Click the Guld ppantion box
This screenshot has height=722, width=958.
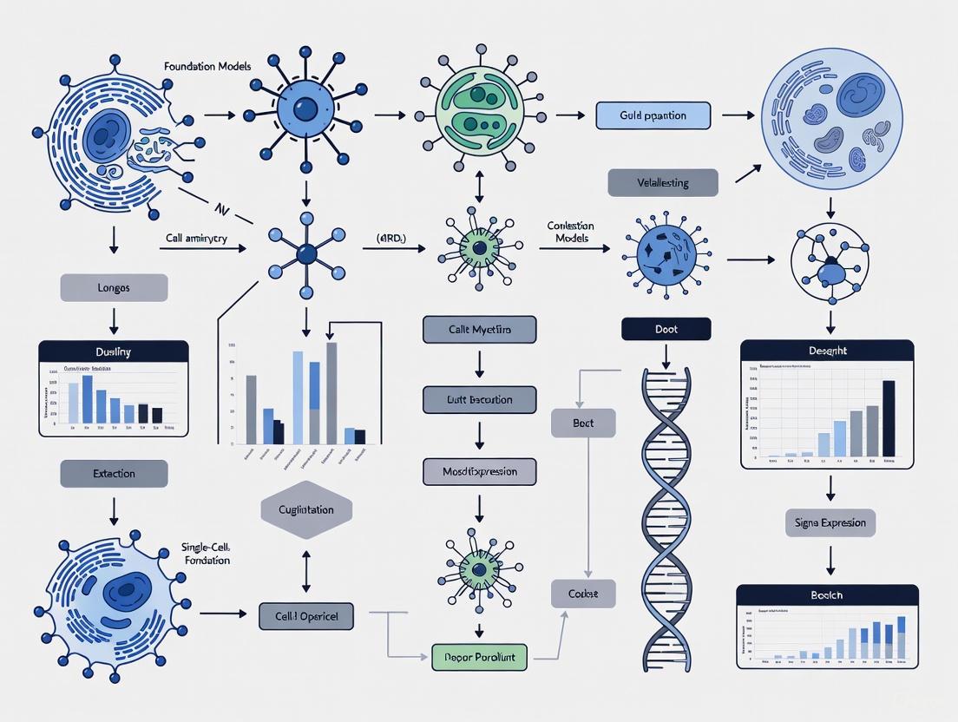(x=653, y=115)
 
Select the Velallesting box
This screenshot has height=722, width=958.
(x=663, y=182)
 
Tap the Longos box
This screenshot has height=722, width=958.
(x=114, y=287)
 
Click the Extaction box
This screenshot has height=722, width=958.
(x=114, y=473)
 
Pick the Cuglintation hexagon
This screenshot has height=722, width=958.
(x=306, y=509)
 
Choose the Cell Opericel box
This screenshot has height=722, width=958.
(x=306, y=615)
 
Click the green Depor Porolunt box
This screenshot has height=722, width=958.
(x=479, y=657)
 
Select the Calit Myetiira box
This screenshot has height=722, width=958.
(x=479, y=330)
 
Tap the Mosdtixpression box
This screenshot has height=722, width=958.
(x=479, y=471)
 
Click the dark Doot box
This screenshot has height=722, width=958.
(x=666, y=329)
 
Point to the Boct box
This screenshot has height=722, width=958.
(x=583, y=423)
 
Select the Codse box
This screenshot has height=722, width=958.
(x=583, y=594)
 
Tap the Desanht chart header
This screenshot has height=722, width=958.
(x=826, y=351)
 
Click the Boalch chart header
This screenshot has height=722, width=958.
(x=826, y=595)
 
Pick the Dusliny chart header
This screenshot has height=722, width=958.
(x=114, y=351)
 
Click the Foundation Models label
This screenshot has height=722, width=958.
(x=200, y=65)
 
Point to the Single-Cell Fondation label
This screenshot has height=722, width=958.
(x=207, y=553)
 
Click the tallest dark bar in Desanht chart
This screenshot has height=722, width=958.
(x=888, y=418)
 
